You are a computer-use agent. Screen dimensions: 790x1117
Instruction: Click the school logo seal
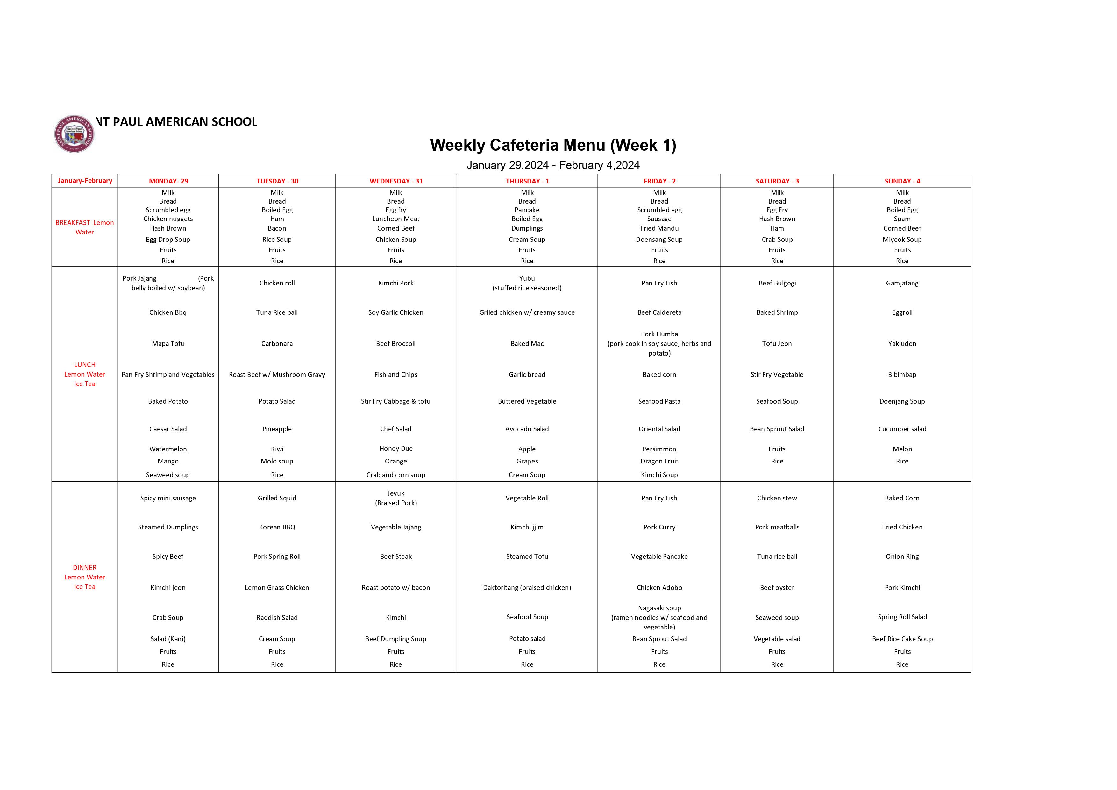click(x=74, y=134)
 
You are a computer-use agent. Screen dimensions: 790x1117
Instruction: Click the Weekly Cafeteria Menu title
click(x=553, y=145)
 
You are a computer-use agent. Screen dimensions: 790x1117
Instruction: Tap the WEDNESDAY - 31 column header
click(x=396, y=181)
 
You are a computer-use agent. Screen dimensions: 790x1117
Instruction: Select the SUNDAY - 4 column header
click(x=902, y=181)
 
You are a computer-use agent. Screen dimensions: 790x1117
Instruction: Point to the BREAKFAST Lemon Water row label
click(x=85, y=227)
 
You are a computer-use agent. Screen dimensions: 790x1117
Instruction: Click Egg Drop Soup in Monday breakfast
click(x=168, y=240)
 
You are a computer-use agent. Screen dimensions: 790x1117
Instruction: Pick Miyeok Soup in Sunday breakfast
click(x=902, y=240)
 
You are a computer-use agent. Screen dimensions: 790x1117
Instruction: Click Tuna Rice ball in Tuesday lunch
click(x=277, y=312)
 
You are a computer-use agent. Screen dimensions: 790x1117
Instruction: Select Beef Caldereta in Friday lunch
click(x=659, y=312)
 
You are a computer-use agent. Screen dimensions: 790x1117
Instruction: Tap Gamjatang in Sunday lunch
click(x=902, y=283)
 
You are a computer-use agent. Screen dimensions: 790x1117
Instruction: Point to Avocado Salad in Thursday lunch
click(x=527, y=429)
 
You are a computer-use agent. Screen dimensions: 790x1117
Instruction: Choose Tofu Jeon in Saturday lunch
click(x=777, y=344)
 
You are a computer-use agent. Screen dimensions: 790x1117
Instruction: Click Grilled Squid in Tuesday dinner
click(x=277, y=498)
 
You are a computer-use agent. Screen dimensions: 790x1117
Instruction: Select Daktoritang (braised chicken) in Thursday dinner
click(x=527, y=587)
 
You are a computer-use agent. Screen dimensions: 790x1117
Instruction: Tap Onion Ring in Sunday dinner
click(x=902, y=557)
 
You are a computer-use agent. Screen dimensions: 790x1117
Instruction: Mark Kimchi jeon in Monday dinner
click(x=168, y=587)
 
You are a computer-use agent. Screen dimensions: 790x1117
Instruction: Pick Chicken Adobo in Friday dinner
click(x=659, y=587)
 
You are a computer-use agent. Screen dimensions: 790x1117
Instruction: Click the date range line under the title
click(x=553, y=165)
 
